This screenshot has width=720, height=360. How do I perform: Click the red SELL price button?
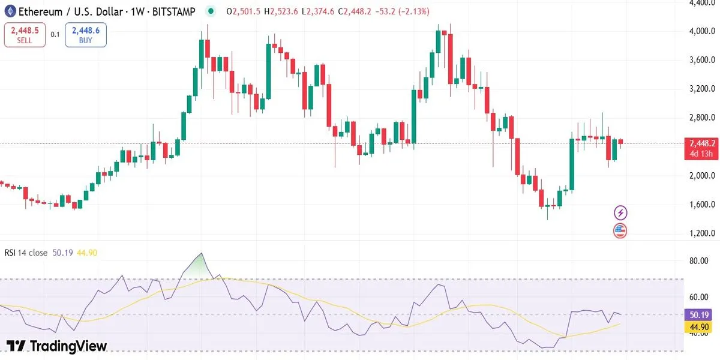pos(25,35)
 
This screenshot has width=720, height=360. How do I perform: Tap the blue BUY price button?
pos(86,35)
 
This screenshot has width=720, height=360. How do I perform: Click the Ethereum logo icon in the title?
pos(10,11)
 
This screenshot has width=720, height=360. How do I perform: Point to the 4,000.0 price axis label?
pos(701,31)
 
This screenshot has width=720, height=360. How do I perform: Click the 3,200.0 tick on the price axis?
pos(701,89)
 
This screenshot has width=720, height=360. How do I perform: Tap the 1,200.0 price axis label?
pos(701,233)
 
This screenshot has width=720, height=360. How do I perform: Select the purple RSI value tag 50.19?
pos(700,314)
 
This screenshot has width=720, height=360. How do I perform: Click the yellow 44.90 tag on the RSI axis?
pos(700,326)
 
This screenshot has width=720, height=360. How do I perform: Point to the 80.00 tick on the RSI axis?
pos(699,261)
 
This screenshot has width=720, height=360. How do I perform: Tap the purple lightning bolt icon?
pos(620,212)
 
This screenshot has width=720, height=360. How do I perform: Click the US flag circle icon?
pos(620,230)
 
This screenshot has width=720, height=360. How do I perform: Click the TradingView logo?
pos(56,346)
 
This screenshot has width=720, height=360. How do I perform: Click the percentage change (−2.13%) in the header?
pos(411,11)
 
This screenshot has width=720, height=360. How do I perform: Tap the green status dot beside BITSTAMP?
pos(211,11)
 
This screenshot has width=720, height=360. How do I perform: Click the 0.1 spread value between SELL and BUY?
pos(55,35)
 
